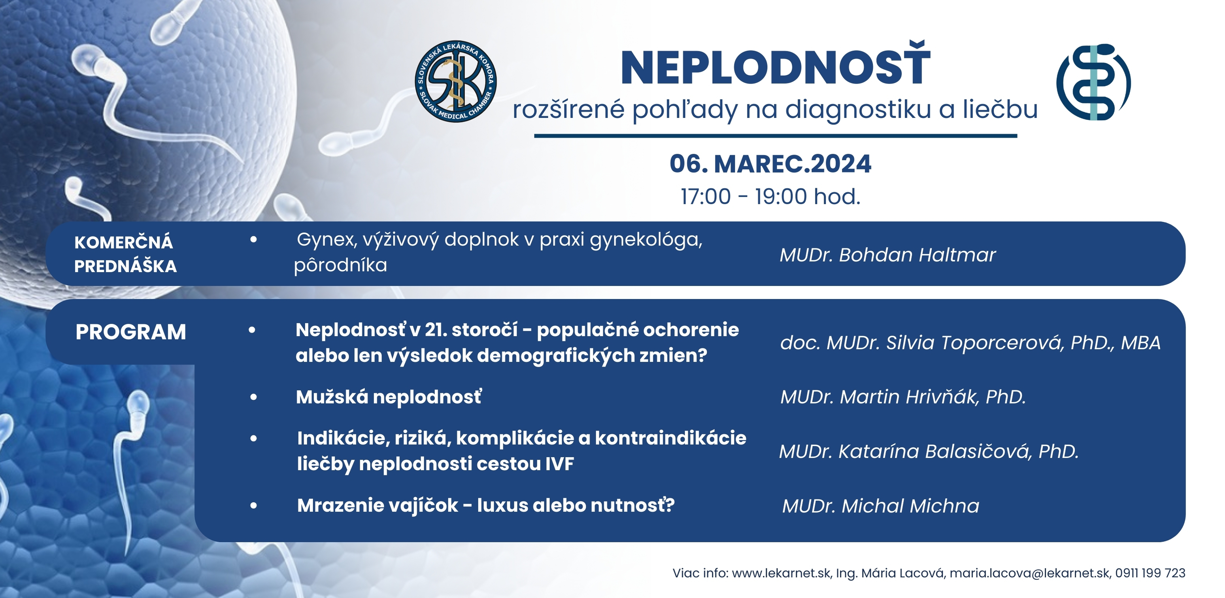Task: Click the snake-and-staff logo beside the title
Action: coord(1093,82)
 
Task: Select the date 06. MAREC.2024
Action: coord(770,164)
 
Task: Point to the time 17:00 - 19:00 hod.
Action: coord(770,197)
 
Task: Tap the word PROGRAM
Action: coord(131,332)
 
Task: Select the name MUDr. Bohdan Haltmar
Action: coord(887,255)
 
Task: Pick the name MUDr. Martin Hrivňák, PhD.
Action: coord(903,397)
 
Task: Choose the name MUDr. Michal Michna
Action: coord(881,506)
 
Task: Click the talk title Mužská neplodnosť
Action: coord(389,397)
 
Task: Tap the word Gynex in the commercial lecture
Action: coord(327,240)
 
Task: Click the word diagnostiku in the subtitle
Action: coord(858,110)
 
